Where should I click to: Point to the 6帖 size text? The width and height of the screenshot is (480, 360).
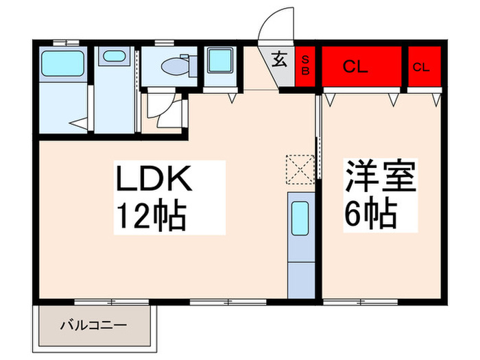coord(370,215)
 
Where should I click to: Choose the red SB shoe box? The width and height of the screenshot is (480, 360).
coord(306,67)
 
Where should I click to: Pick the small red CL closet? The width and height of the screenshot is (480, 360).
coord(422,67)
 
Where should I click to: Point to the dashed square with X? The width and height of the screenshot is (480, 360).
coord(299,169)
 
